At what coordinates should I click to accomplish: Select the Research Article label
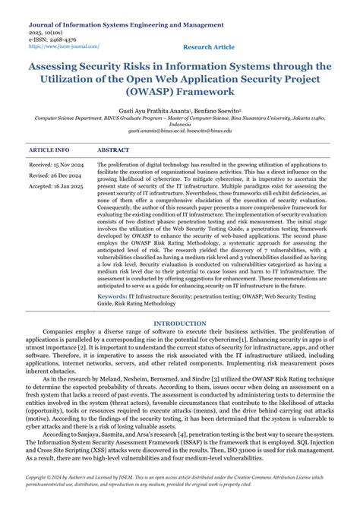209,47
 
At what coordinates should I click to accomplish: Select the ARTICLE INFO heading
49,150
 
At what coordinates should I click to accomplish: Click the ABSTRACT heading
113,150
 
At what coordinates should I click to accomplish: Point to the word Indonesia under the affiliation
180,124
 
